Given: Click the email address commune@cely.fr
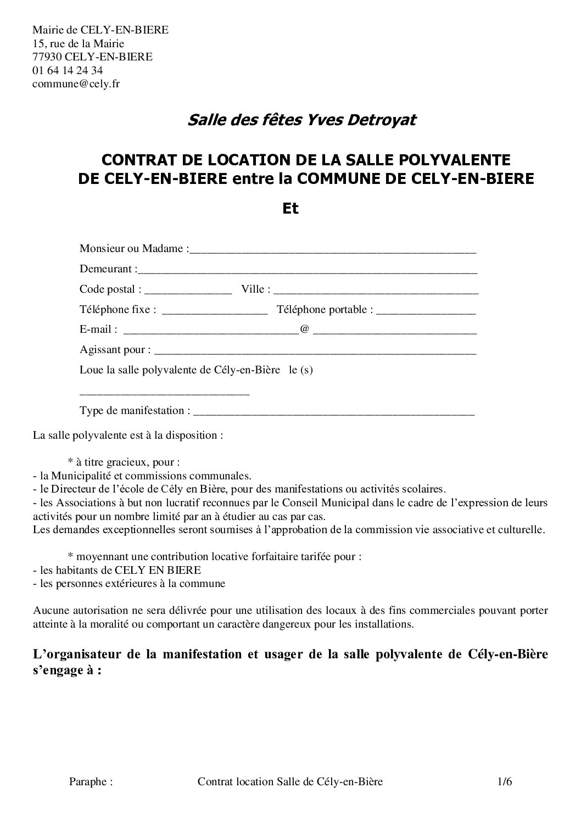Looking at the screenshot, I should tap(76, 84).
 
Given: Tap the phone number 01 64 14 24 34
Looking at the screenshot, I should tap(68, 70).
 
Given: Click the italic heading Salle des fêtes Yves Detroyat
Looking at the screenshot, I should tap(301, 120).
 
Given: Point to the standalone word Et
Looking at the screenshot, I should tap(290, 209).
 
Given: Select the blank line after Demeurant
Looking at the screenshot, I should tap(308, 270).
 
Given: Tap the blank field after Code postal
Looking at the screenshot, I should tap(188, 290).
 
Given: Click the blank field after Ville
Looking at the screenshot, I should tap(376, 290).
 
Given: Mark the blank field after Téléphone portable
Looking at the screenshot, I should tap(426, 311).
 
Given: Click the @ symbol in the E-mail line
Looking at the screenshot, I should tap(304, 330).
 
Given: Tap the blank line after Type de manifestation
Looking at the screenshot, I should tap(334, 412).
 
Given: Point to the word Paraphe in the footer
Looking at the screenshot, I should tap(91, 782).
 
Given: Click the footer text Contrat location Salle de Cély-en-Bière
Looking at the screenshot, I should tap(290, 782).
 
